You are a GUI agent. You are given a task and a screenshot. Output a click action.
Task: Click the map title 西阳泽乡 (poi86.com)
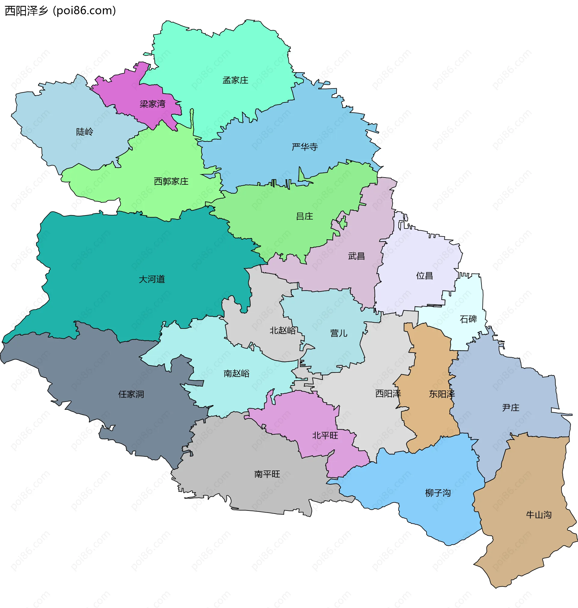pos(61,11)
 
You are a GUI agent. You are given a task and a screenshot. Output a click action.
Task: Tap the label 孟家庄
pos(235,80)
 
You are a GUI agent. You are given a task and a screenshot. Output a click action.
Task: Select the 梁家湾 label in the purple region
pos(153,104)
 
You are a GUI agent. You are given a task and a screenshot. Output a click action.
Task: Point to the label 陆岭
pos(85,132)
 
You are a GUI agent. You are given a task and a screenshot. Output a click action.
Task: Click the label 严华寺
pos(305,147)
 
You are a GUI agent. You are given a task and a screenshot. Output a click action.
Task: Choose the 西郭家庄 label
pos(171,181)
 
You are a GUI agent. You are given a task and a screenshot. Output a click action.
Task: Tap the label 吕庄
pos(304,216)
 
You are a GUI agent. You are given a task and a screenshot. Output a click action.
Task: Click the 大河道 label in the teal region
pos(152,279)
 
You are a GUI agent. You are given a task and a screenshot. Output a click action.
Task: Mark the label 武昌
pos(356,256)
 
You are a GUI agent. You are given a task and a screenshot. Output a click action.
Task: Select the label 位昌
pos(424,276)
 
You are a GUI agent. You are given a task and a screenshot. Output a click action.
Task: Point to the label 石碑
pos(468,319)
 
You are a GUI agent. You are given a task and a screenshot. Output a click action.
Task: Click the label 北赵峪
pos(283,330)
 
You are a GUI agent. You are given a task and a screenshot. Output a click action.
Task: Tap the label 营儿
pos(339,333)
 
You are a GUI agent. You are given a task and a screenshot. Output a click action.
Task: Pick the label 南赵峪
pos(236,373)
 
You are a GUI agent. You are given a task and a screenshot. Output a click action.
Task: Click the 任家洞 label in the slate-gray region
pos(131,394)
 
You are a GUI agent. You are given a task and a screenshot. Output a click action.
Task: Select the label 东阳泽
pos(442,394)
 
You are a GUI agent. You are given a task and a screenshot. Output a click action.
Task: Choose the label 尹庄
pos(511,408)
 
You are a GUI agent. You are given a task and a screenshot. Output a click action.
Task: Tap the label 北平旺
pos(325,435)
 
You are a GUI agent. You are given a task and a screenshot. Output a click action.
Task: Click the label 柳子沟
pos(438,493)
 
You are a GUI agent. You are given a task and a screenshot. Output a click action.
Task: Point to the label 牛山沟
pos(539,515)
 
